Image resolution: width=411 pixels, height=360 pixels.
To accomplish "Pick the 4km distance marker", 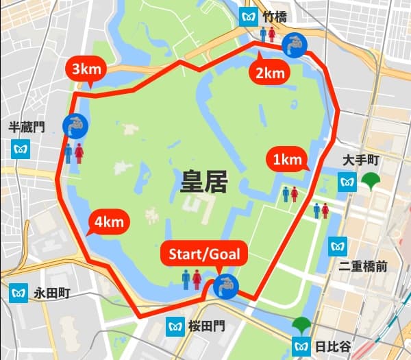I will (109, 222).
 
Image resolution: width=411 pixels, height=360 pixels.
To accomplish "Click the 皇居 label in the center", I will (203, 182).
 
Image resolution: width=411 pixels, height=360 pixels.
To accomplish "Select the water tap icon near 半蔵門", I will (74, 125).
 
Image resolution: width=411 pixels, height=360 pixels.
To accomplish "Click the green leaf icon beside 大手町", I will (371, 182).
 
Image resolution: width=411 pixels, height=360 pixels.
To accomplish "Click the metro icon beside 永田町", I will (18, 293).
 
